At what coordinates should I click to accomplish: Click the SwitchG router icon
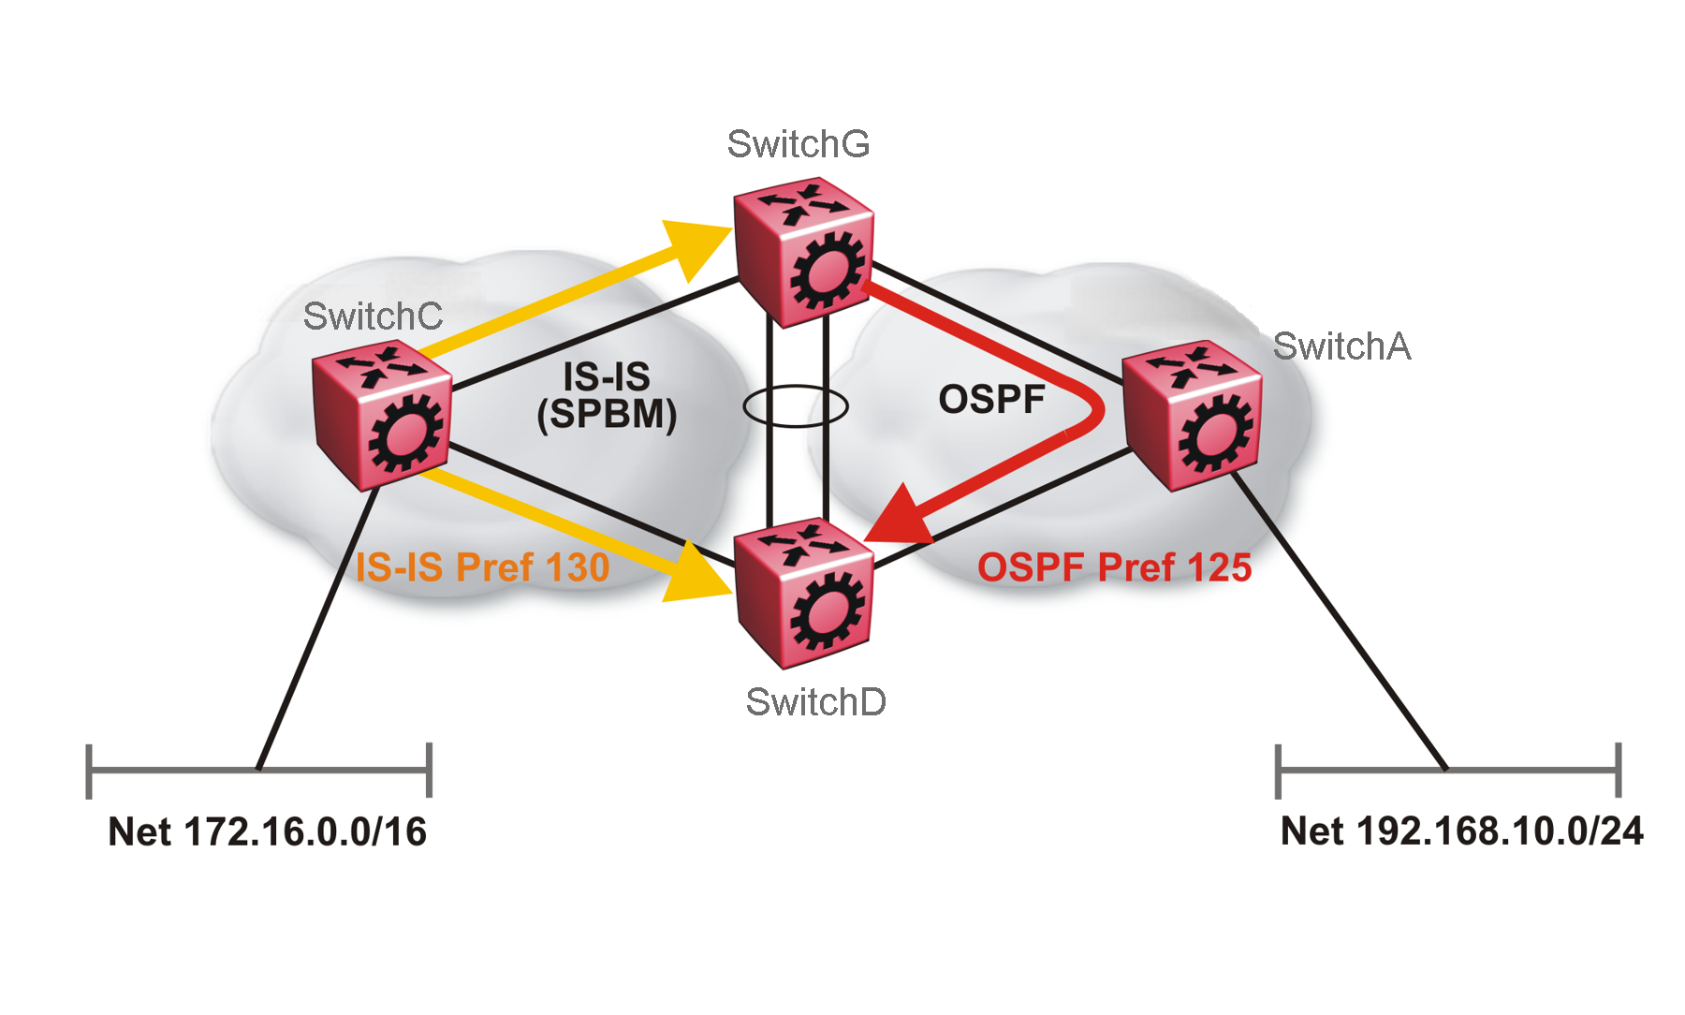pyautogui.click(x=803, y=251)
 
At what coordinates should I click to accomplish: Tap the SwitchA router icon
pyautogui.click(x=1192, y=415)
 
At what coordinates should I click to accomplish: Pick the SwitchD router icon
pyautogui.click(x=803, y=594)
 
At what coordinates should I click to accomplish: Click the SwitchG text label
pyautogui.click(x=799, y=144)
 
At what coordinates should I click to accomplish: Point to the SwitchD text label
pyautogui.click(x=815, y=702)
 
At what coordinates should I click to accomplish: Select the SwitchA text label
pyautogui.click(x=1341, y=346)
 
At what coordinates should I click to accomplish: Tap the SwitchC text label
pyautogui.click(x=373, y=316)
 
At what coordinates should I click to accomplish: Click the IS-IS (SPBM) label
pyautogui.click(x=607, y=396)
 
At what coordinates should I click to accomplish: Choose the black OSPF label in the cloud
pyautogui.click(x=991, y=400)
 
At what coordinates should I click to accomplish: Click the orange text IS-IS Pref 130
pyautogui.click(x=482, y=567)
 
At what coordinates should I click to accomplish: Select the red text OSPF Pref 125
pyautogui.click(x=1114, y=567)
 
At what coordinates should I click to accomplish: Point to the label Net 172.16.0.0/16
pyautogui.click(x=267, y=831)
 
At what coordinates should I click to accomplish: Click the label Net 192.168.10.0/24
pyautogui.click(x=1461, y=831)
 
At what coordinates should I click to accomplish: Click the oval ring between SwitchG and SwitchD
pyautogui.click(x=796, y=406)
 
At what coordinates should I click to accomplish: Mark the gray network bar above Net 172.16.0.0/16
pyautogui.click(x=258, y=771)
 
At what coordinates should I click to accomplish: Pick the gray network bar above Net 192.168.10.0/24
pyautogui.click(x=1448, y=771)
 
